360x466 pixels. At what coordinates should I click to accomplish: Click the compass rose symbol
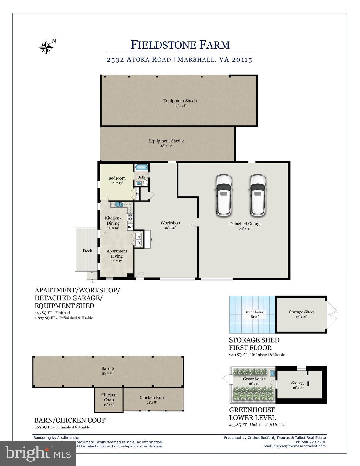point(46,47)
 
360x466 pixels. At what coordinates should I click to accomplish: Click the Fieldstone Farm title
point(180,45)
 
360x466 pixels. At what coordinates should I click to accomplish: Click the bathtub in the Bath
point(141,167)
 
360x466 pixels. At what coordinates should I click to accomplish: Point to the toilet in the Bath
point(145,182)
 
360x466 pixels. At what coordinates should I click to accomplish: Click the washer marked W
point(139,236)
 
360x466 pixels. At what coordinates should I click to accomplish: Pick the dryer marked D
point(139,243)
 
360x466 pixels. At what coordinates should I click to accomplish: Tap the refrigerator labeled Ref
point(130,227)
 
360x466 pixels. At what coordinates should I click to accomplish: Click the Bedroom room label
point(117,178)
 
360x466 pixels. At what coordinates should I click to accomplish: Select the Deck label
point(87,251)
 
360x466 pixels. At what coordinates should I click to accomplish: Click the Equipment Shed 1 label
point(180,101)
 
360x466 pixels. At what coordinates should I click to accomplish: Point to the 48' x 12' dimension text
point(166,146)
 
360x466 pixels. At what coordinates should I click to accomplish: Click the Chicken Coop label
point(109,397)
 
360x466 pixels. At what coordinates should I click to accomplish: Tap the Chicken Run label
point(151,397)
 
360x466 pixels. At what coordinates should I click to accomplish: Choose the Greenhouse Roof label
point(254,314)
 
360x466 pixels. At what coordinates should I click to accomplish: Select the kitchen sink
point(119,204)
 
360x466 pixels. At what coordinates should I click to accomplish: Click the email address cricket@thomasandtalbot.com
point(294,446)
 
